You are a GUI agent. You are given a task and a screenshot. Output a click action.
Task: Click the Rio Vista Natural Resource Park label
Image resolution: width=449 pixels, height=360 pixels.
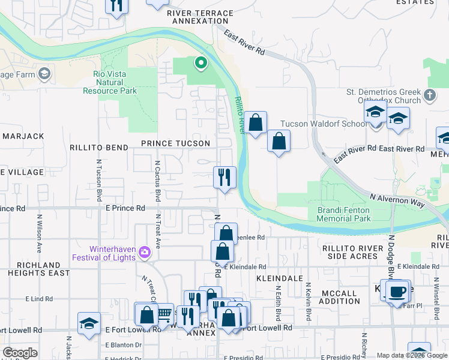[x=115, y=82]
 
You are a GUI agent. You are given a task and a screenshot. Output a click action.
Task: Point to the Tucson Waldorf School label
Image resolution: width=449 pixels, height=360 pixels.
[x=323, y=124]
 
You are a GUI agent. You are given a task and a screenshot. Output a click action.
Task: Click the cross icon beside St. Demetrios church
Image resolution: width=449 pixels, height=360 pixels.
[x=429, y=95]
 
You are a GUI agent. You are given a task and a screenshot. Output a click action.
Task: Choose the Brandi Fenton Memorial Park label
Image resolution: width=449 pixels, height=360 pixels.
[x=344, y=214]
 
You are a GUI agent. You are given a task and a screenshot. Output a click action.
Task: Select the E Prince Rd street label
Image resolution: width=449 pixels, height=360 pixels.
[x=125, y=208]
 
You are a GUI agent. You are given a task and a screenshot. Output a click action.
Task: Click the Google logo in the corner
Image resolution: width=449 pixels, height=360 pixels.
[x=20, y=353]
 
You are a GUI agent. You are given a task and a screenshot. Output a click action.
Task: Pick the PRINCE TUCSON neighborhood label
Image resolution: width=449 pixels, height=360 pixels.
[x=175, y=143]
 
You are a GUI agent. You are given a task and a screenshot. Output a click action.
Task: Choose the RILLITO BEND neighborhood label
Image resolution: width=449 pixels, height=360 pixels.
[x=99, y=148]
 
